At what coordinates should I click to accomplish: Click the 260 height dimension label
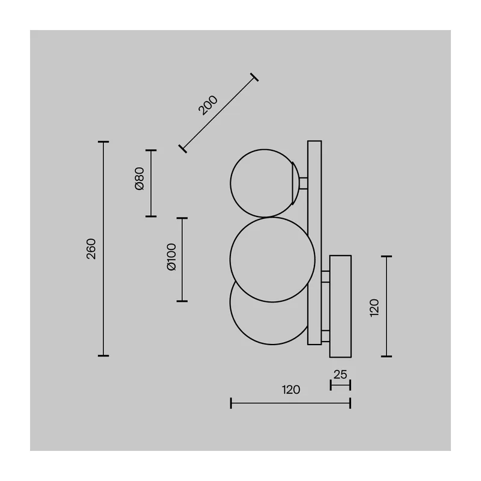(x=91, y=249)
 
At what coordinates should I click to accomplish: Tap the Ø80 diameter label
(x=139, y=179)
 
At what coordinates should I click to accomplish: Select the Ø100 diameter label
(x=171, y=257)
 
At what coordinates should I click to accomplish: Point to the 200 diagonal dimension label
(x=208, y=105)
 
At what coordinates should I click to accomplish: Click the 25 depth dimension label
(x=340, y=375)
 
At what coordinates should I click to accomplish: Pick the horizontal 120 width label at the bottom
(x=291, y=390)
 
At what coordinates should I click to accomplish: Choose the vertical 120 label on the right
(x=375, y=308)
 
